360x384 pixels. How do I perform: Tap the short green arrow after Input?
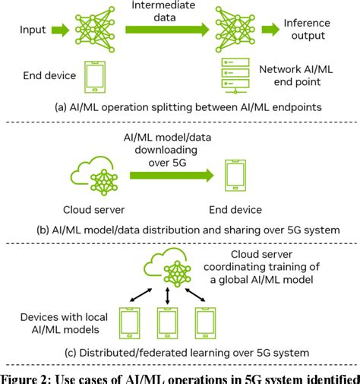coord(62,30)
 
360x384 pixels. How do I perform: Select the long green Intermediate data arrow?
coord(164,30)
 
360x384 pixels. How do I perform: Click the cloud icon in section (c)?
coord(168,265)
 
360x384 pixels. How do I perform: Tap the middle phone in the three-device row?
coord(168,320)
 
